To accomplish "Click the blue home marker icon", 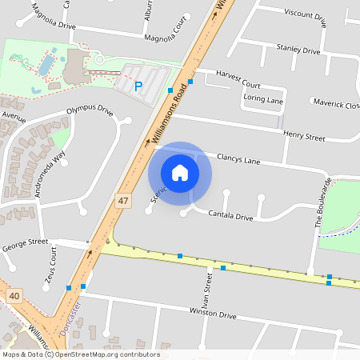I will (x=180, y=172).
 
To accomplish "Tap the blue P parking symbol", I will (x=138, y=86).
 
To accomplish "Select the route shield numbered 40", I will (x=14, y=296).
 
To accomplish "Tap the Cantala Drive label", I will (x=230, y=217).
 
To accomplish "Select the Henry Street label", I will (x=305, y=138).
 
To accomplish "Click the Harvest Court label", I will (x=238, y=84).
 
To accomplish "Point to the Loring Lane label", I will (x=264, y=102).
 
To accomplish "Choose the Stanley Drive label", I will (x=298, y=50).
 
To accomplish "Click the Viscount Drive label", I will (x=305, y=14).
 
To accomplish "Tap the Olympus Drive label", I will (x=90, y=110).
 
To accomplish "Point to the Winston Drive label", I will (x=213, y=314).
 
